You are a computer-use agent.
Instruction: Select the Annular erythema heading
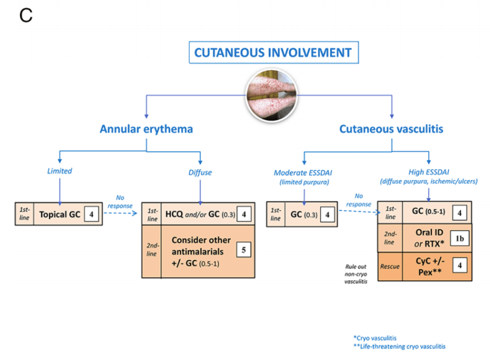point(146,129)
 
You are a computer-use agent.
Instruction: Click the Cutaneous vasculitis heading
point(391,129)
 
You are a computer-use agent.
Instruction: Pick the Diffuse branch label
point(200,171)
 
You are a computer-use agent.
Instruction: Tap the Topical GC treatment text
point(59,215)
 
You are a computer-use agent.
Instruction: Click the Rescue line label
point(390,266)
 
